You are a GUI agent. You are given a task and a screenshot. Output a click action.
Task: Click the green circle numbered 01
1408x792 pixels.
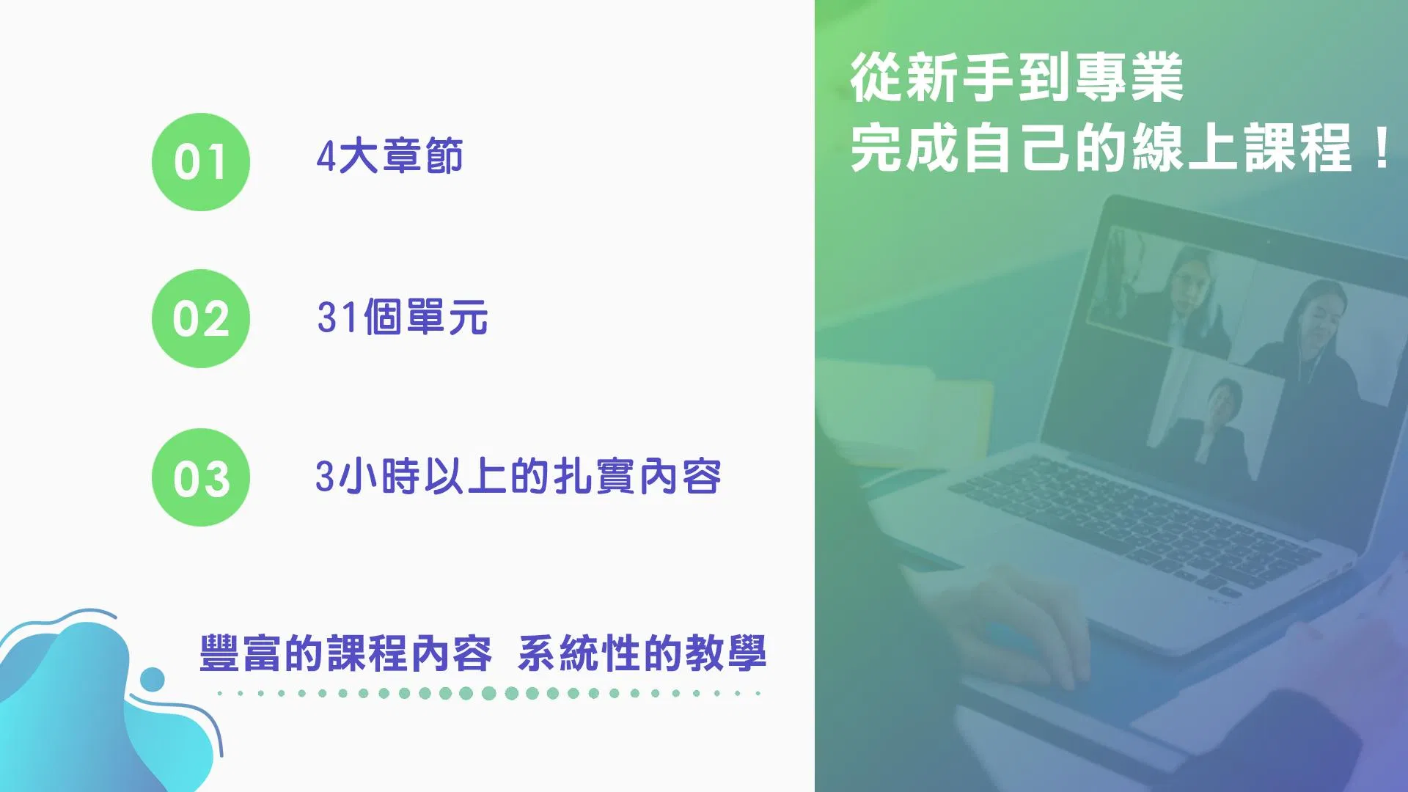[x=201, y=162]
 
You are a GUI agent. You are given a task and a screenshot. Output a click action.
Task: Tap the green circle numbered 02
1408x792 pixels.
[x=201, y=318]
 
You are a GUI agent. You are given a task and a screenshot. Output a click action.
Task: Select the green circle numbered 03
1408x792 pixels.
[x=201, y=477]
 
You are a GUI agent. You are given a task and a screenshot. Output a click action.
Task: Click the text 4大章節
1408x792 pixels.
[x=389, y=156]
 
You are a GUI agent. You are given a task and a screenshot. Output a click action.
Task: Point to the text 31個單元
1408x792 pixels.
[x=403, y=317]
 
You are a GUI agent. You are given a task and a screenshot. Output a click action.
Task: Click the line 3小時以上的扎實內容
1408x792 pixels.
[x=518, y=477]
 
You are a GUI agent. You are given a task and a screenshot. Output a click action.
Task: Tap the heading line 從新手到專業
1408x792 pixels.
[x=1017, y=78]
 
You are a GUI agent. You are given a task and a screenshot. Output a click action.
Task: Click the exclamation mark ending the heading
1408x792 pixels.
[x=1382, y=148]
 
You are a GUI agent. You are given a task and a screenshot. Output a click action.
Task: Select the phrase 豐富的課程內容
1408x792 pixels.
[x=345, y=653]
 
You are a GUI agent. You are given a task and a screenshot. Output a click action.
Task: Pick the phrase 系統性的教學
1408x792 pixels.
[x=642, y=653]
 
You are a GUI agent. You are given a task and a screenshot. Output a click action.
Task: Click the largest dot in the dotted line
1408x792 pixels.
[x=489, y=693]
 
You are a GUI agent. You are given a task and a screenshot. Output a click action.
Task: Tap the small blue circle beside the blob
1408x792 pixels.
[x=153, y=680]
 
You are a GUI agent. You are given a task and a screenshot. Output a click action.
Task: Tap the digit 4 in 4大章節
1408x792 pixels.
[x=326, y=157]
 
